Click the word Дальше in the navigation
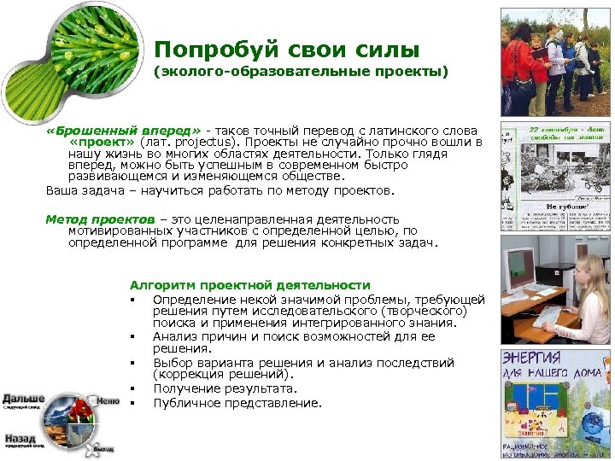pos(23,399)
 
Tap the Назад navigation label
pos(20,435)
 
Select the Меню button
pos(108,401)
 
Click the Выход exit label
pos(103,447)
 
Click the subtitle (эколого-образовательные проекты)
pos(300,73)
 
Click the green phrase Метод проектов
pos(100,219)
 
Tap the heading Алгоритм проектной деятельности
pos(249,285)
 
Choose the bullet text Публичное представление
pos(237,403)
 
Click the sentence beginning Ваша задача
pos(220,190)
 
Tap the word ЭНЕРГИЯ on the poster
pos(531,358)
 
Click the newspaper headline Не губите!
pos(564,206)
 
